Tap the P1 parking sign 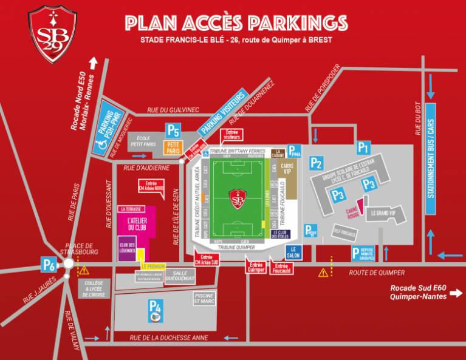[363, 147]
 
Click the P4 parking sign [156, 307]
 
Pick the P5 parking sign [174, 129]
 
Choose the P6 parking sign [49, 264]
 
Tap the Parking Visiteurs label [223, 113]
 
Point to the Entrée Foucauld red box [281, 267]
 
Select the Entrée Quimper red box [256, 267]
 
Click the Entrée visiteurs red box [231, 135]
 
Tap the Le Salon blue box [293, 252]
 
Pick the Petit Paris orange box [173, 148]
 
